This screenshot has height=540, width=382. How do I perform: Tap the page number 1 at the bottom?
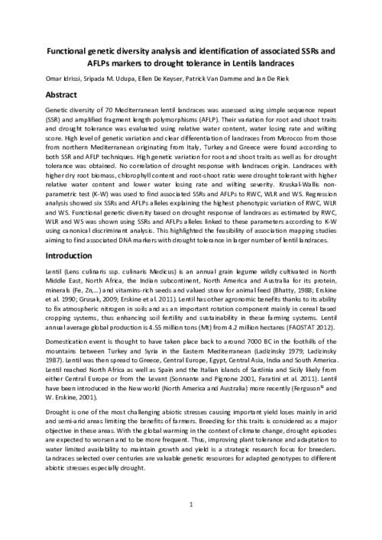click(191, 505)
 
